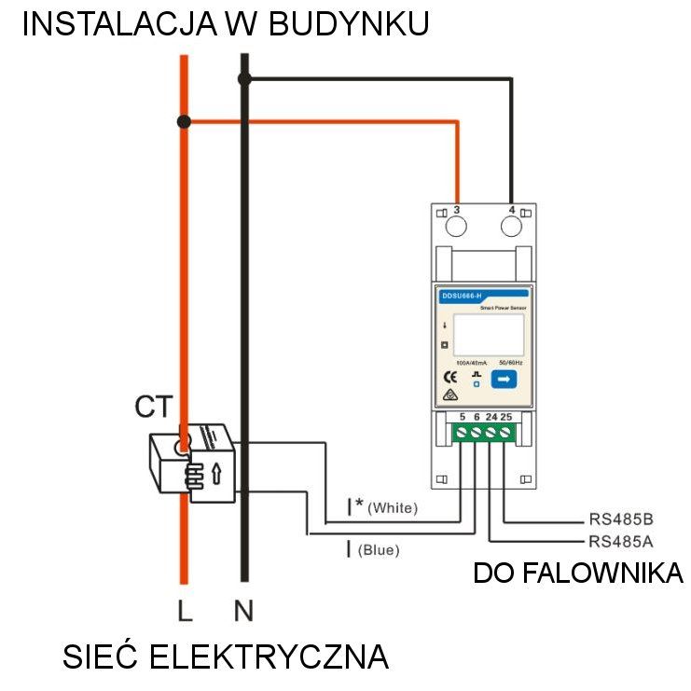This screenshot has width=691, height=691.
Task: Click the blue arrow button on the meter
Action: pyautogui.click(x=504, y=379)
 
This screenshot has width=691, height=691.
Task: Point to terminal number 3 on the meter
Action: pyautogui.click(x=456, y=211)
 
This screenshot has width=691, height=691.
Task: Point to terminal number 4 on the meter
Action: pyautogui.click(x=511, y=211)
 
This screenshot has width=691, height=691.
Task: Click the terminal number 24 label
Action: pyautogui.click(x=491, y=416)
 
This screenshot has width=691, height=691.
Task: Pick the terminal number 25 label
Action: pyautogui.click(x=505, y=416)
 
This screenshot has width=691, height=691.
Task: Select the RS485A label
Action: pyautogui.click(x=620, y=541)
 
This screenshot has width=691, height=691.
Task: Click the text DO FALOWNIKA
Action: pyautogui.click(x=578, y=573)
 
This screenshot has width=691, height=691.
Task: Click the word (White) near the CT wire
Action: pyautogui.click(x=393, y=508)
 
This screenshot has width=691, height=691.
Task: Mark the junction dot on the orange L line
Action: pyautogui.click(x=185, y=121)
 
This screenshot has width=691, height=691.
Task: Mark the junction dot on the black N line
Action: pyautogui.click(x=244, y=79)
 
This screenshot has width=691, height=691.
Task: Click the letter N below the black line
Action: pyautogui.click(x=243, y=612)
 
